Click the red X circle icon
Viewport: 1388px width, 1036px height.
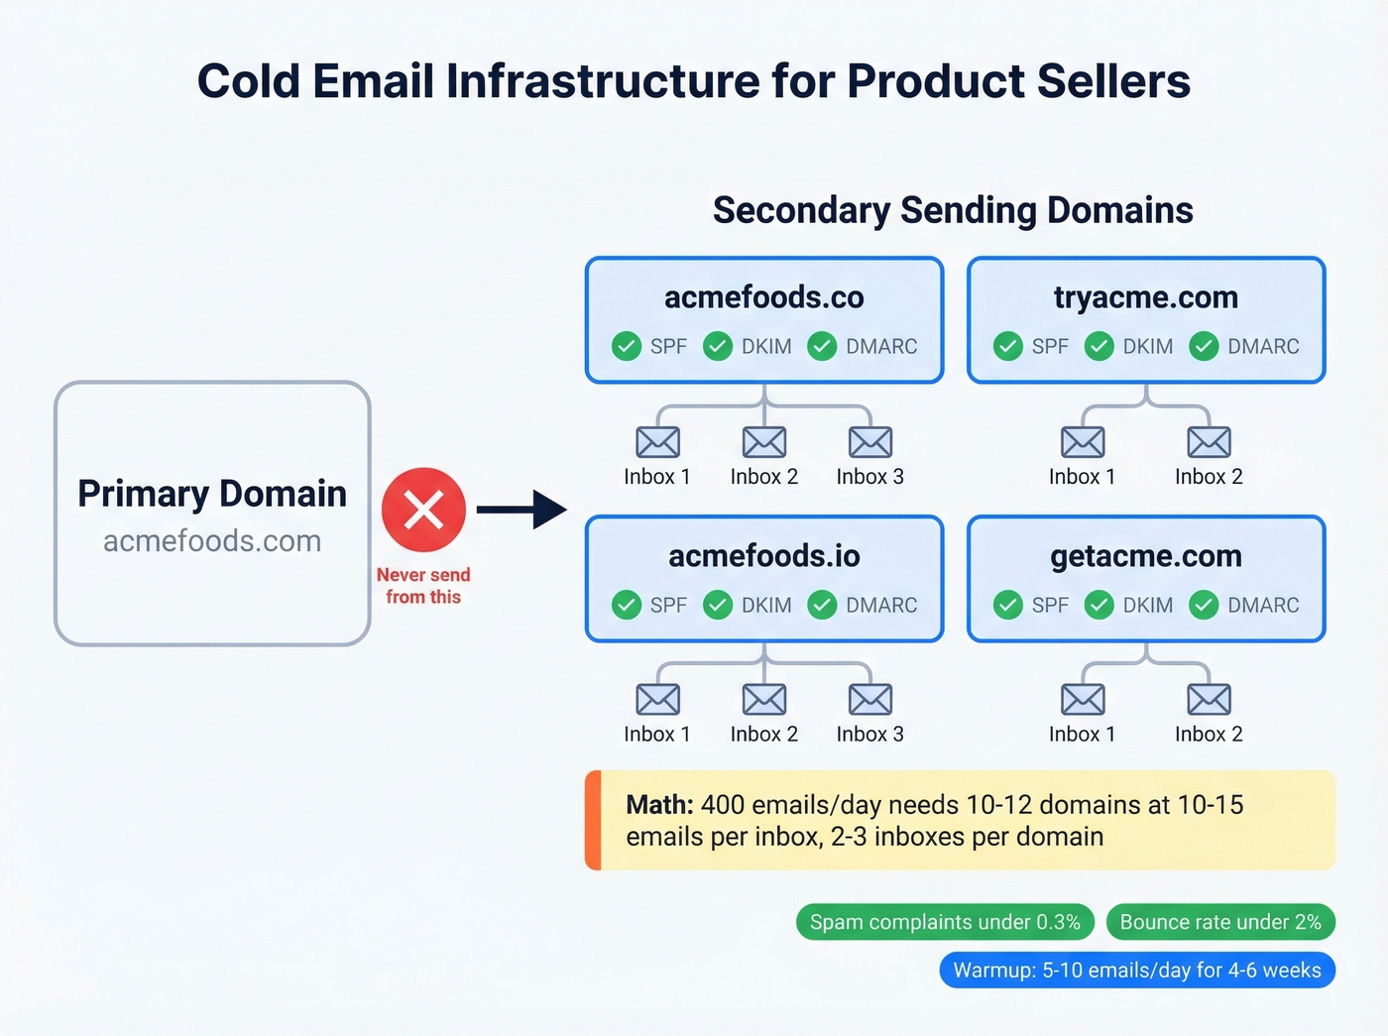point(423,510)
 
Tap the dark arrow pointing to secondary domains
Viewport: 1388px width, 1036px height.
point(521,510)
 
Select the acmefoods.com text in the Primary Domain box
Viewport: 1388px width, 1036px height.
point(212,541)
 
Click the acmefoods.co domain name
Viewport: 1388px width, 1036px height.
point(763,297)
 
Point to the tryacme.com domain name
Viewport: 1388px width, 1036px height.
point(1145,297)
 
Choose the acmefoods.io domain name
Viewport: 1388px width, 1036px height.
point(763,556)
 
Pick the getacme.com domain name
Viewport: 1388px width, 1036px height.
point(1145,556)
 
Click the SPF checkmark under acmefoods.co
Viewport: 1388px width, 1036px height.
point(627,346)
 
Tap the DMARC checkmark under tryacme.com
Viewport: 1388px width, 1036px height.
point(1204,346)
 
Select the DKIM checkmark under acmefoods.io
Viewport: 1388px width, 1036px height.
point(718,605)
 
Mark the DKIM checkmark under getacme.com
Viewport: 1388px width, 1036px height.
point(1099,605)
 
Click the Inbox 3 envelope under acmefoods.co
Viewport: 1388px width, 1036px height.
point(869,442)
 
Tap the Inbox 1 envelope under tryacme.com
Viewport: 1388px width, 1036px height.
point(1082,442)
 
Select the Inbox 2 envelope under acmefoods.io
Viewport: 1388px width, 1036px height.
point(763,700)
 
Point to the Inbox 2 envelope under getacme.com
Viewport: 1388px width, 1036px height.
point(1209,700)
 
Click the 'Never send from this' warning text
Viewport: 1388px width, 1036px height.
point(423,586)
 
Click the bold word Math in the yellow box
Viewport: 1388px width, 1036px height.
point(659,805)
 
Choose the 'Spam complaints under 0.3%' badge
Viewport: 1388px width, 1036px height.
point(945,922)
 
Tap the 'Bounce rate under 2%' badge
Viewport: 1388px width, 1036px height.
point(1220,922)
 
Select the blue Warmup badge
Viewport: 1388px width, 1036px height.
point(1137,971)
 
